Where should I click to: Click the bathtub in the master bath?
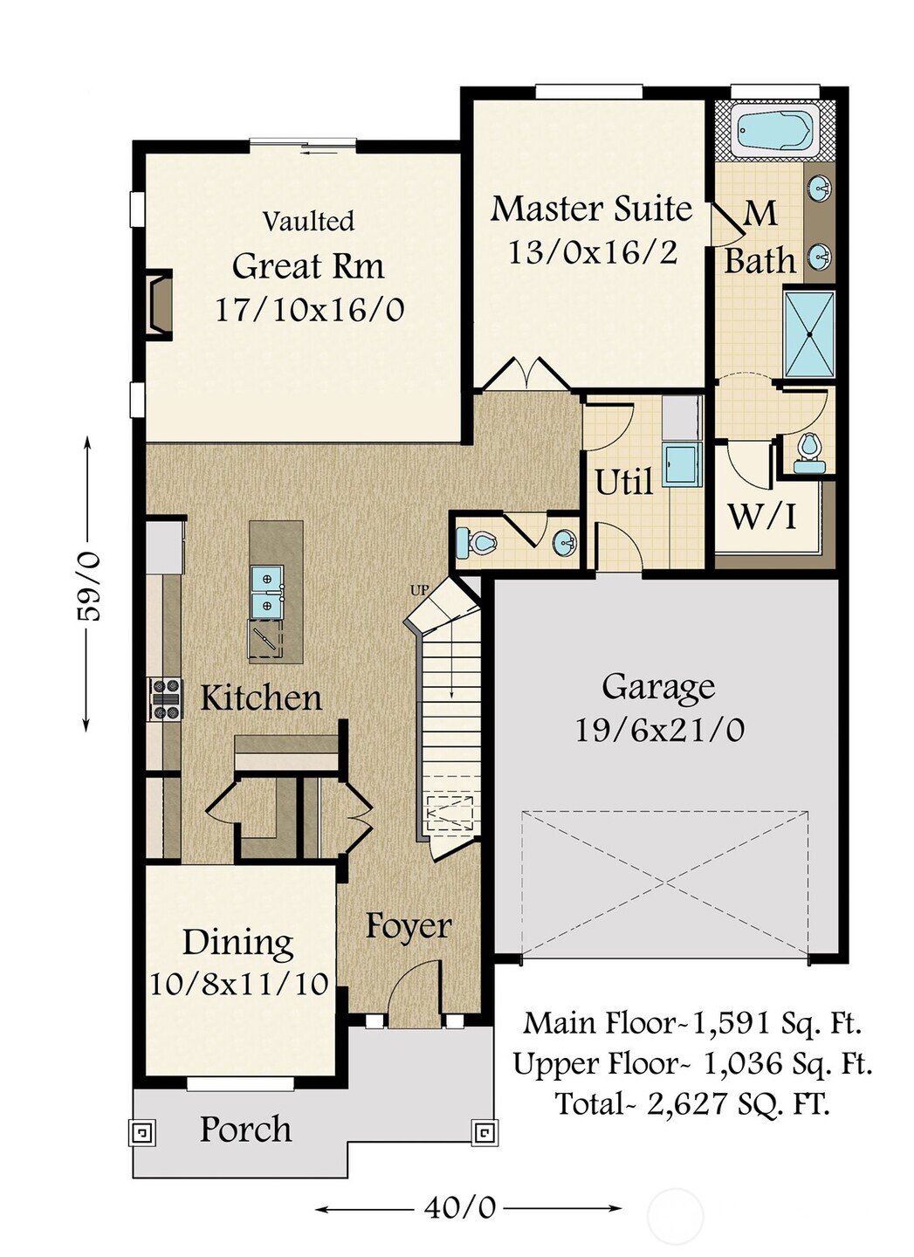(774, 133)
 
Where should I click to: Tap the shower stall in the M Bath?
(809, 333)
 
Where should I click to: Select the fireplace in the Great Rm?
(159, 305)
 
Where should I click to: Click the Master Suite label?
(591, 209)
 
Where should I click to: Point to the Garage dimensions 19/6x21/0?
(660, 731)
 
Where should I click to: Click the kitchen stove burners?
(165, 699)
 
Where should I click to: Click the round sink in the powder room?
(565, 543)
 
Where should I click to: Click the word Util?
(624, 482)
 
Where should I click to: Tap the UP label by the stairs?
(419, 590)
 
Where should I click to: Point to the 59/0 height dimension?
(89, 585)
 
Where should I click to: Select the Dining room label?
(238, 942)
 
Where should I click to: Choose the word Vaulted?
(309, 221)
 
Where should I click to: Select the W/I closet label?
(762, 517)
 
